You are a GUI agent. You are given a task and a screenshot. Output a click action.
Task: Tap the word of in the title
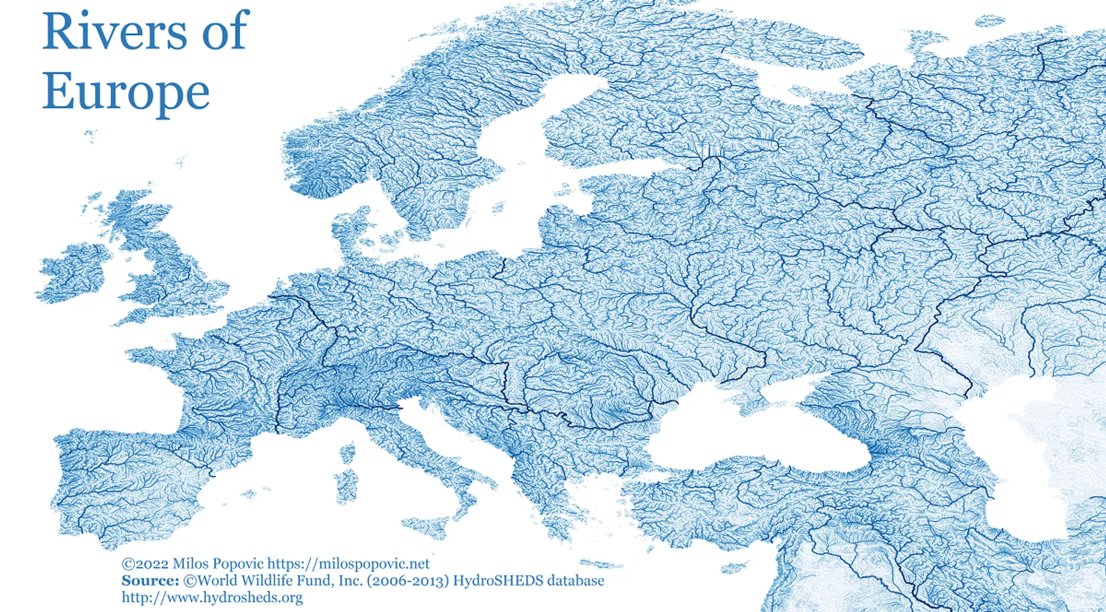(225, 31)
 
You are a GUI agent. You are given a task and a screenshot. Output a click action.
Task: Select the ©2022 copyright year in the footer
(145, 564)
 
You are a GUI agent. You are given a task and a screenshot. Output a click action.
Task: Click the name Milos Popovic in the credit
(218, 564)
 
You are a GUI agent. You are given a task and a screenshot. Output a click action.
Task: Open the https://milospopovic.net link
(348, 564)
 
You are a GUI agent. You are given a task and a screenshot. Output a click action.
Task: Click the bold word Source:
(150, 581)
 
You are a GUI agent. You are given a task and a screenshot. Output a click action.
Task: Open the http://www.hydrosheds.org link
(212, 598)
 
